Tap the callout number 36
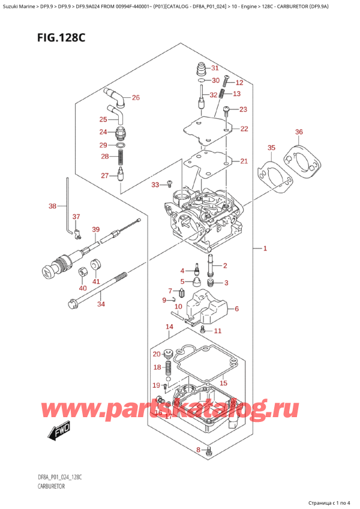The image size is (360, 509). point(299,132)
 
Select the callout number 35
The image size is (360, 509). point(271,147)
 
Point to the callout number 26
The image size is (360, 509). point(135,97)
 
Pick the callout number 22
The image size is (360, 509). point(244,128)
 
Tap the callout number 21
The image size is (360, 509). point(244,161)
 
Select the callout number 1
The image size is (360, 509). point(265,248)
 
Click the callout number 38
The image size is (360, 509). point(53,206)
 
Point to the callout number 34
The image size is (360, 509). point(101,304)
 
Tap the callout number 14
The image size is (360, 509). point(169,327)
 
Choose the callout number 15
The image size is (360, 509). point(224,383)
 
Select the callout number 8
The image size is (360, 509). point(199,450)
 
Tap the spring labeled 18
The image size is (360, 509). point(169,367)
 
